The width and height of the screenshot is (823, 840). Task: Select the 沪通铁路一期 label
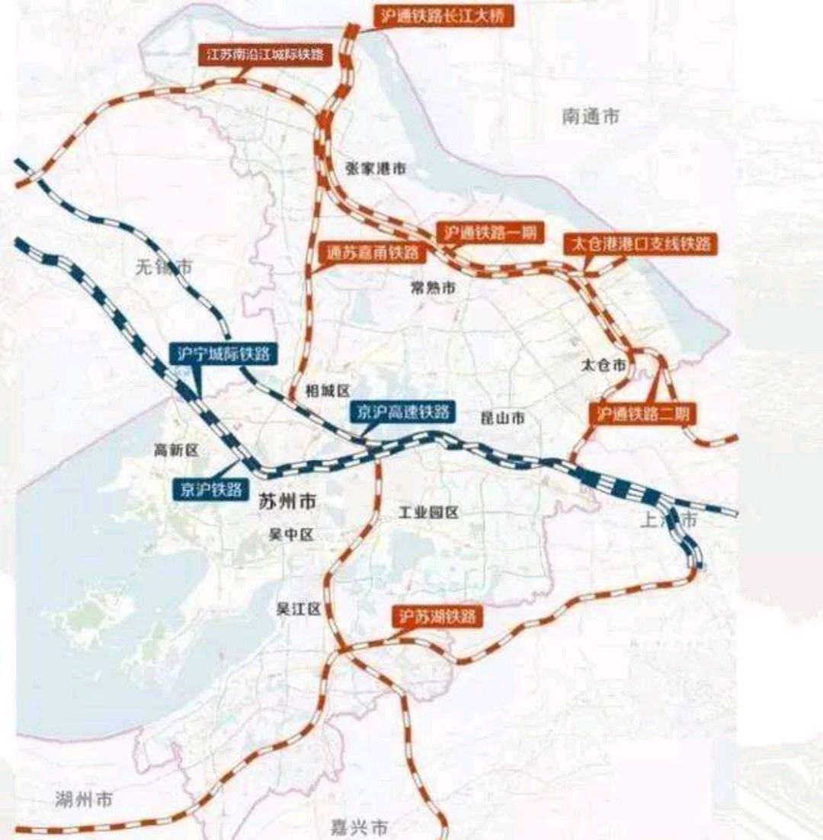click(x=490, y=233)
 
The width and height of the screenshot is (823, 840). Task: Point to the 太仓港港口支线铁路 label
click(x=639, y=244)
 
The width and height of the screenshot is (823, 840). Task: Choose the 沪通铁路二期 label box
click(x=642, y=414)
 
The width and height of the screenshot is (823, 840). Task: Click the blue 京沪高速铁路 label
click(x=402, y=412)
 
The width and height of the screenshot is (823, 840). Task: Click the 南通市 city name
click(x=591, y=117)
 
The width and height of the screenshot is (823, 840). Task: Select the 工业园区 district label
click(x=428, y=513)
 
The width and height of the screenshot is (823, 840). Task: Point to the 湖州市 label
click(x=84, y=800)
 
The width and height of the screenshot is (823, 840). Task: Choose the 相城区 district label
click(x=327, y=391)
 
